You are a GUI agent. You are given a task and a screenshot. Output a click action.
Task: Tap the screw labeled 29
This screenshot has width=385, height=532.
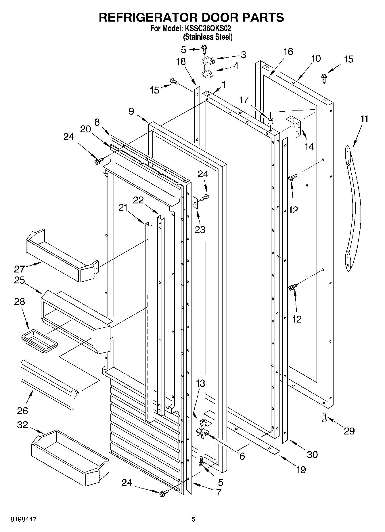pyautogui.click(x=324, y=417)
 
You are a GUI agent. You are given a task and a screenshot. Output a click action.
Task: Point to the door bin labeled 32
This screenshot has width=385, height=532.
pyautogui.click(x=70, y=458)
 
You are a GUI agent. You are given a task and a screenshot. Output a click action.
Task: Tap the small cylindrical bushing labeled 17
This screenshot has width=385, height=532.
pyautogui.click(x=270, y=121)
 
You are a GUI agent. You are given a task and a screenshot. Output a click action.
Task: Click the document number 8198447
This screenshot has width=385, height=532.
pyautogui.click(x=24, y=519)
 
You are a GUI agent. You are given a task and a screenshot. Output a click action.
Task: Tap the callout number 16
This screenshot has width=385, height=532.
pyautogui.click(x=288, y=52)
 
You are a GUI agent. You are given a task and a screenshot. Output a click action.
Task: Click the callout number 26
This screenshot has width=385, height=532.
pyautogui.click(x=22, y=411)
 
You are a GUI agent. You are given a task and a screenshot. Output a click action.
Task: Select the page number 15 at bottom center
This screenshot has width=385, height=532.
pyautogui.click(x=191, y=519)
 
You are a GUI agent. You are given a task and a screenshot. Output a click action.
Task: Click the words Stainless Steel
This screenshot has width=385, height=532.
pyautogui.click(x=208, y=37)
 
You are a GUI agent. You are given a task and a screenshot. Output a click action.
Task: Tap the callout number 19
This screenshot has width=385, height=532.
pyautogui.click(x=301, y=470)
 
